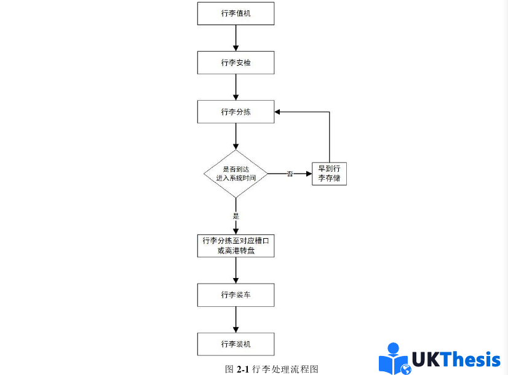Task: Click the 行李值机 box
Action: tap(236, 14)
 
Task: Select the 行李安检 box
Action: tap(236, 63)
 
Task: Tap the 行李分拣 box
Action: tap(236, 112)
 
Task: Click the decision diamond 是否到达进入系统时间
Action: tap(236, 173)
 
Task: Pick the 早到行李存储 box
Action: tap(329, 173)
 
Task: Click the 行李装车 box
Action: tap(236, 295)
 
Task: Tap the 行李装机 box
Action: tap(236, 344)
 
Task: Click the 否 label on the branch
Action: tap(290, 174)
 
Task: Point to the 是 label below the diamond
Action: tap(236, 216)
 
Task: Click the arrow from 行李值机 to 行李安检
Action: tap(236, 38)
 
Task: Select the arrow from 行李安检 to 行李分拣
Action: tap(236, 87)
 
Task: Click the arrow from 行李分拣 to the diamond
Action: tap(236, 136)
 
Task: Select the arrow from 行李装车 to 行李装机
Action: tap(236, 319)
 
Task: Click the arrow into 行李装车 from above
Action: tap(236, 271)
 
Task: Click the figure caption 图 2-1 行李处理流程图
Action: tap(271, 369)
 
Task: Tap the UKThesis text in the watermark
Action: tap(456, 360)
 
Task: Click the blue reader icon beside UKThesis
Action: tap(395, 358)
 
